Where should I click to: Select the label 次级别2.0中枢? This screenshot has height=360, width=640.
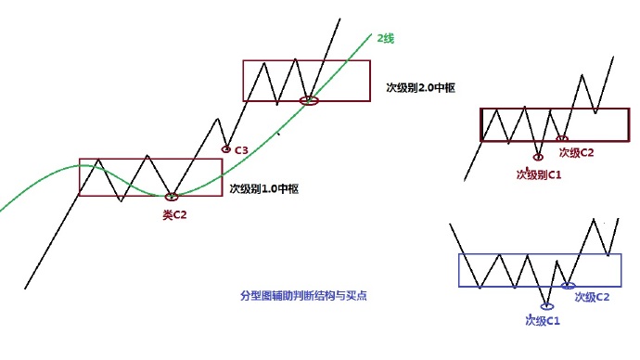click(x=426, y=88)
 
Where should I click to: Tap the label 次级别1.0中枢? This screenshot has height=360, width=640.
click(x=268, y=188)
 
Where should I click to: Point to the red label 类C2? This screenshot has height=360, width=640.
click(x=175, y=215)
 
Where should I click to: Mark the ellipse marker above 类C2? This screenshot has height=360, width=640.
click(x=172, y=197)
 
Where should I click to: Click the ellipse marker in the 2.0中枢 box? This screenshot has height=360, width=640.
click(x=310, y=99)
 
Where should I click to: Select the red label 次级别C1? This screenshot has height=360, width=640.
click(x=539, y=174)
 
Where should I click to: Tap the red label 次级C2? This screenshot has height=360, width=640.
click(x=576, y=151)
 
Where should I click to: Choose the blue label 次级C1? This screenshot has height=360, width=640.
click(x=544, y=321)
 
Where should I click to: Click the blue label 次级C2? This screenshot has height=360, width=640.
click(x=592, y=297)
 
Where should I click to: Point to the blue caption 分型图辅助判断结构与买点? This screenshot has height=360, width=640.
click(x=304, y=296)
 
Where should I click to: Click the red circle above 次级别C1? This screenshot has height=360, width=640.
click(x=538, y=157)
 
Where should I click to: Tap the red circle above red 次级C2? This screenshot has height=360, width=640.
click(x=562, y=139)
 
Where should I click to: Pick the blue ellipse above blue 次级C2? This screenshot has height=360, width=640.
click(x=569, y=286)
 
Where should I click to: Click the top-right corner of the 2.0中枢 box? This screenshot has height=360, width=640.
click(x=370, y=61)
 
